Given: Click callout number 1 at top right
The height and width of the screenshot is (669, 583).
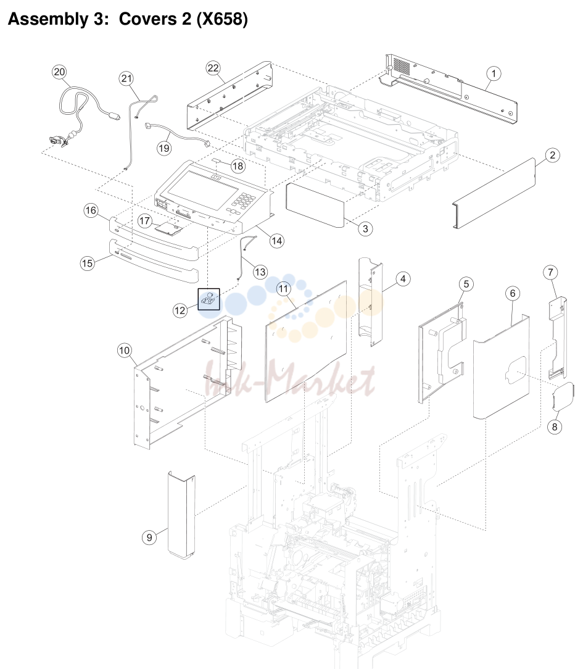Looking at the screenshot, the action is click(494, 74).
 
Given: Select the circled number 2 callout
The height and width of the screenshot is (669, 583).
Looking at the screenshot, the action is click(552, 155).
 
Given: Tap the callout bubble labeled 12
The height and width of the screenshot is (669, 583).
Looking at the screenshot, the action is click(180, 310).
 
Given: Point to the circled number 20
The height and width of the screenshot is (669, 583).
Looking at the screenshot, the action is click(59, 72).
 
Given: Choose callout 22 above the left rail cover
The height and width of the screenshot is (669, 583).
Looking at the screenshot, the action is click(213, 68).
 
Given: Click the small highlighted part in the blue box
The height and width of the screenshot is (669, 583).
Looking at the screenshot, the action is click(209, 299).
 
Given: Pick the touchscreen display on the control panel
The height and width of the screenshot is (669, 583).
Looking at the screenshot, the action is click(202, 188).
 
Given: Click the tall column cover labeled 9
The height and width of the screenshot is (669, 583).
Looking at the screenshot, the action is click(181, 515).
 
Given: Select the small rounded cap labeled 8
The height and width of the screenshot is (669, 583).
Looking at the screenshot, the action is click(563, 397).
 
